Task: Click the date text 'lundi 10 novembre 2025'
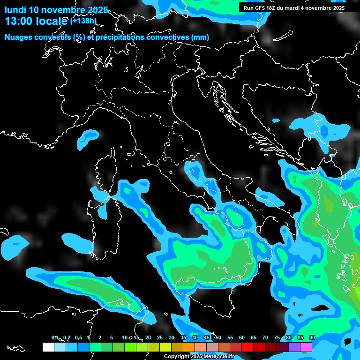click(56, 10)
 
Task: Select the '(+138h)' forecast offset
click(83, 21)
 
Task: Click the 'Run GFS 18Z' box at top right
click(294, 8)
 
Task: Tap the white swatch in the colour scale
click(48, 347)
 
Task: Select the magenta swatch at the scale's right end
click(306, 347)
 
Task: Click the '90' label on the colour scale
click(312, 338)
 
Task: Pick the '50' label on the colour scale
click(218, 338)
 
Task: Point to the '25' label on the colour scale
click(160, 338)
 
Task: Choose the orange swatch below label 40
click(189, 347)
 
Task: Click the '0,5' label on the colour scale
click(77, 338)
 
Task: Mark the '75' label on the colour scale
click(277, 338)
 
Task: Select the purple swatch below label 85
click(294, 347)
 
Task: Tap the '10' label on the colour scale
click(125, 338)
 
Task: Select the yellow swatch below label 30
click(165, 347)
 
